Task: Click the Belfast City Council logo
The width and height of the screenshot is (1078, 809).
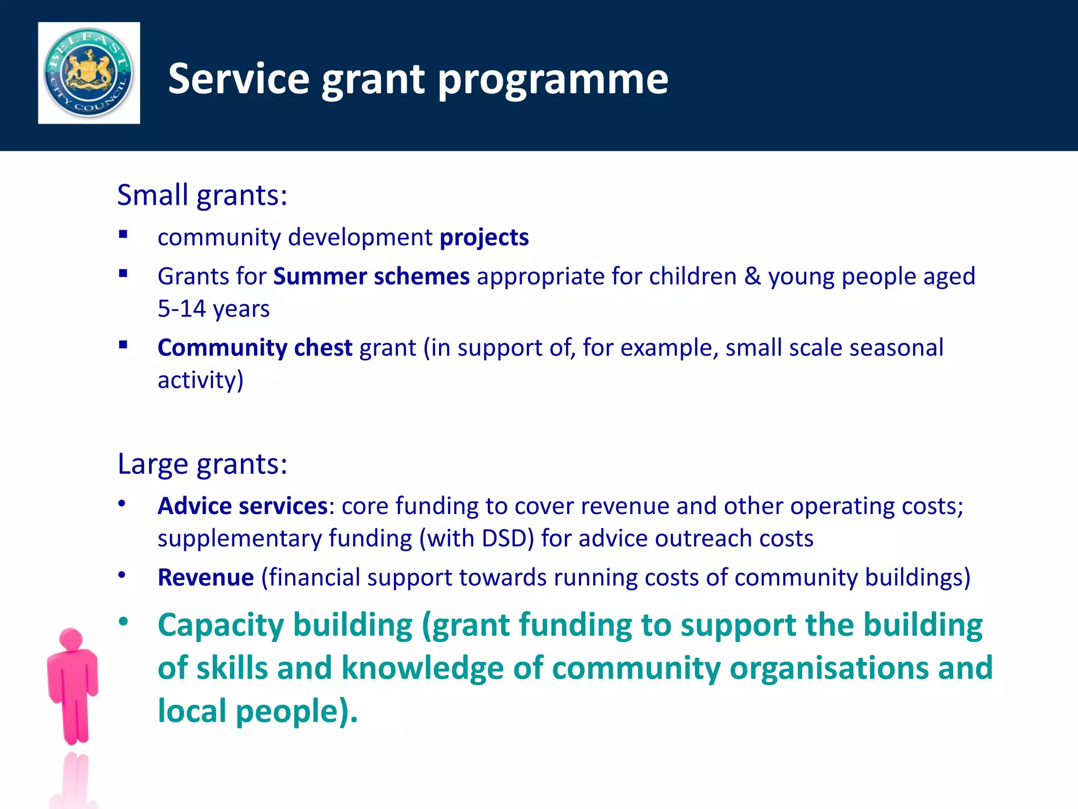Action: tap(89, 73)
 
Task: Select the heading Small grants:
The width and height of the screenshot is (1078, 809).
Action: tap(202, 195)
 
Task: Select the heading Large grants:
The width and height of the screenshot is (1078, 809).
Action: tap(202, 464)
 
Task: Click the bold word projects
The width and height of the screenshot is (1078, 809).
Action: tap(484, 238)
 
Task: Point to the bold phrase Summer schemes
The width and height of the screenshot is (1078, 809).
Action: tap(371, 277)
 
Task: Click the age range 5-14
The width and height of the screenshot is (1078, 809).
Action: tap(181, 309)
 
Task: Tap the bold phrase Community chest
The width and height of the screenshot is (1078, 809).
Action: tap(255, 348)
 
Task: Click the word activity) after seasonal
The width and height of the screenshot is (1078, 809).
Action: tap(201, 380)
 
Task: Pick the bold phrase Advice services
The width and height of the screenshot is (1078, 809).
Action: tap(243, 506)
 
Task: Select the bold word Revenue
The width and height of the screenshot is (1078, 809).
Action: tap(206, 577)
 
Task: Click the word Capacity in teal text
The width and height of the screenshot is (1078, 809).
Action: tap(221, 626)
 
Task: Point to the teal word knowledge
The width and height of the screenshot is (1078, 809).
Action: tap(422, 668)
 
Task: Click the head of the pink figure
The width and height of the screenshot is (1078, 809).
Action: tap(71, 638)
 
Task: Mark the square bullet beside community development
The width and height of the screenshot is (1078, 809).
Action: tap(123, 235)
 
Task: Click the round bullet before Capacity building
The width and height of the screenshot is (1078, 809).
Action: tap(123, 622)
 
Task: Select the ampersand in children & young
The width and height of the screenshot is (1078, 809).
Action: tap(752, 277)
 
